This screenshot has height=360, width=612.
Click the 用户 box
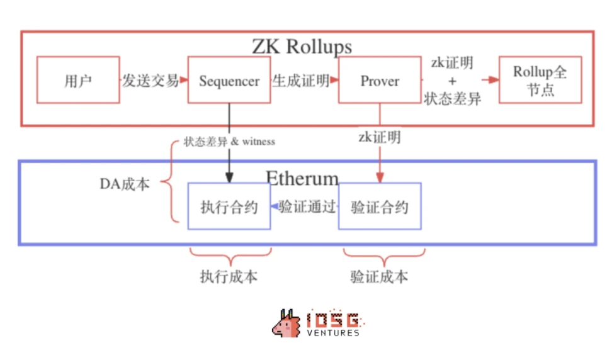coord(78,80)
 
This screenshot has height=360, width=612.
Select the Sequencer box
coord(229,80)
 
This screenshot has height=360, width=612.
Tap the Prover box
coord(380,80)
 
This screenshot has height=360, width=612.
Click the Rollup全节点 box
coord(540,80)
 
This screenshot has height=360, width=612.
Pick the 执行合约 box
coord(229,206)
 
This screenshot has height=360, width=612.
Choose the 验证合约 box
coord(380,206)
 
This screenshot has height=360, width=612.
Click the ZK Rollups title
coord(302,46)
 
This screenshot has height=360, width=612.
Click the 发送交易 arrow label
coord(150,80)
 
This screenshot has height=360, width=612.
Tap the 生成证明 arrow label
coord(300,80)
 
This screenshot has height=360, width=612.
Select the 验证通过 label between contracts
coord(307,206)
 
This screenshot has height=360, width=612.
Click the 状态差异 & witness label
coord(229,141)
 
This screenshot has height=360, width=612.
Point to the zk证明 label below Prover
coord(380,137)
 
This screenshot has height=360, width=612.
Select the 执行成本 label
coord(229,276)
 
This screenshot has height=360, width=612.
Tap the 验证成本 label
coord(380,276)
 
